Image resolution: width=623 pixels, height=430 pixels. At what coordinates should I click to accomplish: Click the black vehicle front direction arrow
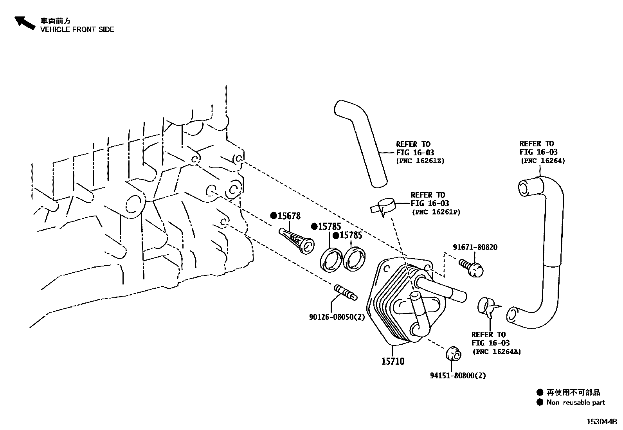[x=25, y=23]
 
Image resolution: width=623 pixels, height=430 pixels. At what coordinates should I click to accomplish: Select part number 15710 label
[x=393, y=361]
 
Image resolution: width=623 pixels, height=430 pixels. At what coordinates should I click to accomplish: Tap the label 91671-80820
[x=475, y=247]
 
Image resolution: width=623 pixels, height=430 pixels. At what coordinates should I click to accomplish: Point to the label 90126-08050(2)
[x=337, y=317]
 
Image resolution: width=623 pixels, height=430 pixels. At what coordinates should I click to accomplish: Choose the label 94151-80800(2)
[x=457, y=376]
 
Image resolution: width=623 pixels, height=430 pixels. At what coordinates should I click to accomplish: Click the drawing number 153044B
[x=601, y=422]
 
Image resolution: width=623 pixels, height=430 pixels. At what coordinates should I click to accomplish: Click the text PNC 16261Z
[x=420, y=161]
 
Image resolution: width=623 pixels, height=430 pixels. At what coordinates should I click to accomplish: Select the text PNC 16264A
[x=497, y=352]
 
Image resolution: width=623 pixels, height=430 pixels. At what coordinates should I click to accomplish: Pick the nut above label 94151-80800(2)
[x=454, y=354]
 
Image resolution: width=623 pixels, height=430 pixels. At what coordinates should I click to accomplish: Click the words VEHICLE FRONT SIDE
[x=77, y=30]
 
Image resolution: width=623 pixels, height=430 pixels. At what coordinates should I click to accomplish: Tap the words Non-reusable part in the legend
[x=575, y=402]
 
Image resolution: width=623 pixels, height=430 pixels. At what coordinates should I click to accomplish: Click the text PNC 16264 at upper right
[x=543, y=161]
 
